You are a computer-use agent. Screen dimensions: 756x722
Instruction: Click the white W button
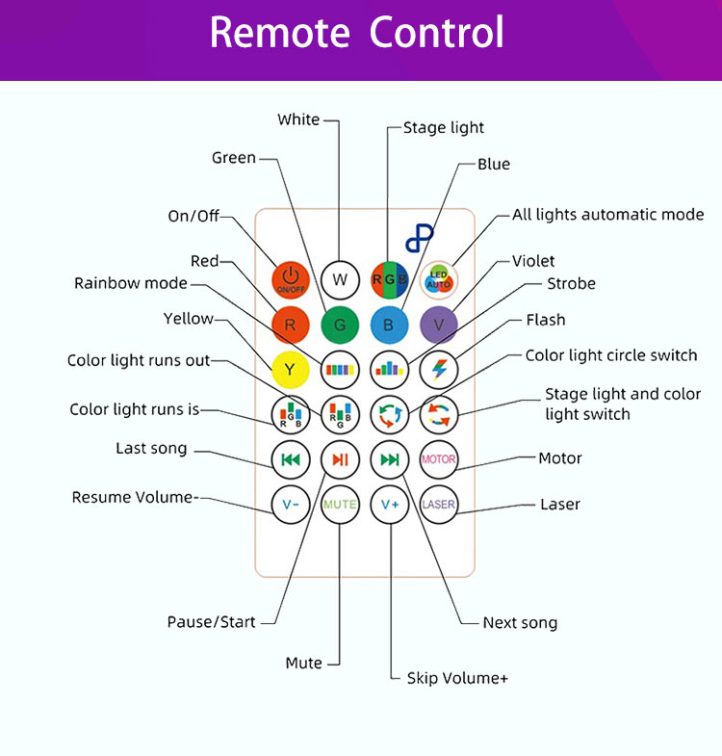(340, 279)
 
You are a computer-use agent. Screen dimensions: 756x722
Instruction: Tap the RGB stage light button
(389, 279)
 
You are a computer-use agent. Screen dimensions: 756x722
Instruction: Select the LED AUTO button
(439, 279)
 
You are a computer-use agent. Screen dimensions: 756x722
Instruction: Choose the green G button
(340, 325)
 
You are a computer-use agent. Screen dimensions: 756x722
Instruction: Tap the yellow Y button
(290, 369)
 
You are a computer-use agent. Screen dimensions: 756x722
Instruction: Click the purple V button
(439, 325)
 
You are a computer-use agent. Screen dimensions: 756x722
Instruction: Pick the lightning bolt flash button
(439, 369)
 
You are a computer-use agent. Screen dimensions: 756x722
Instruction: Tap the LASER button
(439, 504)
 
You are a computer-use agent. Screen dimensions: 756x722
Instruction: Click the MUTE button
(340, 504)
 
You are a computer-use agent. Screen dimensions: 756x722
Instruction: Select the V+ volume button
(389, 504)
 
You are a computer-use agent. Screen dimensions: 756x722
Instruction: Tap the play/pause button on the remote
(340, 459)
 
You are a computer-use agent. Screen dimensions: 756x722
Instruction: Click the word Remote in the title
(279, 33)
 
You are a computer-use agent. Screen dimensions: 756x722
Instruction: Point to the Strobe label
(571, 284)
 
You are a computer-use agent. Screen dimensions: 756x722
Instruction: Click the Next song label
(520, 623)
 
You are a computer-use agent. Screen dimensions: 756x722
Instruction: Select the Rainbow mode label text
(131, 283)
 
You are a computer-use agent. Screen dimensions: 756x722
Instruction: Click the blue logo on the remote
(420, 237)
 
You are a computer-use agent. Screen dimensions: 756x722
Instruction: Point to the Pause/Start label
(212, 622)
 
